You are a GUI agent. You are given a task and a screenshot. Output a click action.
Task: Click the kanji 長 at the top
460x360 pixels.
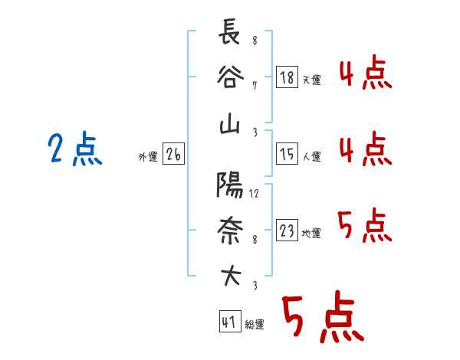[229, 31]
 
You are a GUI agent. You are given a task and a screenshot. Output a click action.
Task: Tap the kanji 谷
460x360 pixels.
[230, 77]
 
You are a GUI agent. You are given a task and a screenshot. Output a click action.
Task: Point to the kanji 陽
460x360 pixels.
[230, 185]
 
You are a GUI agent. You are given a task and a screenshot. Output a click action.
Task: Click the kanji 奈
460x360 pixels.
[230, 231]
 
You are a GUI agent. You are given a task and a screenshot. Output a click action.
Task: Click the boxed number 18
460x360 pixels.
[287, 77]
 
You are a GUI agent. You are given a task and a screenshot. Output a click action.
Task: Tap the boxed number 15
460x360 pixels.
[287, 154]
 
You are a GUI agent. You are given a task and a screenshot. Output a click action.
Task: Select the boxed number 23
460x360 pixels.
[287, 230]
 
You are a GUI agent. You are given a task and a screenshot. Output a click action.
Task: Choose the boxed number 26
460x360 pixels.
[173, 154]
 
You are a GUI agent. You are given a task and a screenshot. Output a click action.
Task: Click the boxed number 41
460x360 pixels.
[230, 321]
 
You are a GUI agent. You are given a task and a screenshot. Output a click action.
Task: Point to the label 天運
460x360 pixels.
[312, 80]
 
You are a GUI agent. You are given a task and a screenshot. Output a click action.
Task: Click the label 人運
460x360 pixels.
[312, 156]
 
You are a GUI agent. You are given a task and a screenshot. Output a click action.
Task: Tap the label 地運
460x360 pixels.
[311, 233]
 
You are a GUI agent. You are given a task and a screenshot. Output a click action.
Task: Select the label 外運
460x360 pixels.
[148, 157]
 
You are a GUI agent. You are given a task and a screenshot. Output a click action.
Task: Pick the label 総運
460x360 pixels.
[255, 324]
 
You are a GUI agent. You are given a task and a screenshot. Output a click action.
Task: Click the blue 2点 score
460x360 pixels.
[75, 149]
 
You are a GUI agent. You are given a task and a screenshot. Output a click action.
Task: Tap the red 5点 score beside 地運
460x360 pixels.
[364, 225]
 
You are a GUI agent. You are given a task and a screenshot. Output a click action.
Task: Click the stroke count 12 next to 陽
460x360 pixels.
[254, 194]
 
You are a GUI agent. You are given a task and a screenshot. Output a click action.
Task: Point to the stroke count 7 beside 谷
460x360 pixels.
[255, 86]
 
